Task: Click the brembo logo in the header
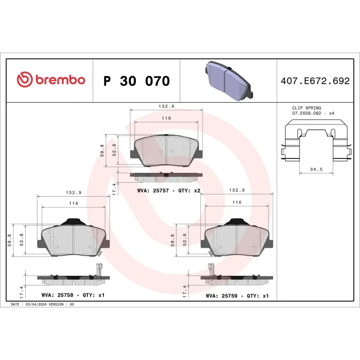click(x=50, y=80)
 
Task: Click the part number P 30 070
click(x=136, y=81)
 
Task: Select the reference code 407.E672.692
click(x=315, y=81)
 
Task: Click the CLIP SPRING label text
click(x=306, y=108)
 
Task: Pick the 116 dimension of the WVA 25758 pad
click(x=73, y=203)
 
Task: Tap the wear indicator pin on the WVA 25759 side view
click(x=210, y=269)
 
